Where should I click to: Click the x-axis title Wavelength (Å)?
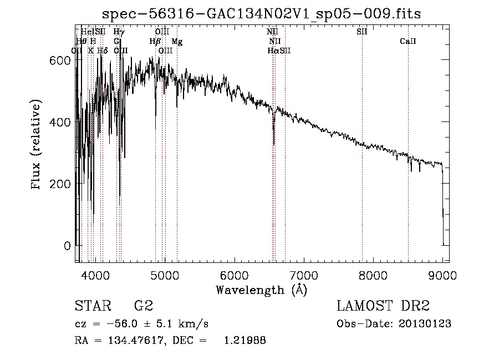click(261, 290)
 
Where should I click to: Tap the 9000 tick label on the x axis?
click(442, 274)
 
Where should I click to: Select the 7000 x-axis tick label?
click(304, 274)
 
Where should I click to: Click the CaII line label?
click(408, 42)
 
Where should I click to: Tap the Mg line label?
click(177, 42)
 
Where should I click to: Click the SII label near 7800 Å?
click(362, 32)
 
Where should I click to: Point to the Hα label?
click(273, 51)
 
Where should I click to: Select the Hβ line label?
click(155, 42)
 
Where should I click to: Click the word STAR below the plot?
click(89, 306)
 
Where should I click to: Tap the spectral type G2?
click(143, 306)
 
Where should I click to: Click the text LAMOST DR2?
click(383, 306)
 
